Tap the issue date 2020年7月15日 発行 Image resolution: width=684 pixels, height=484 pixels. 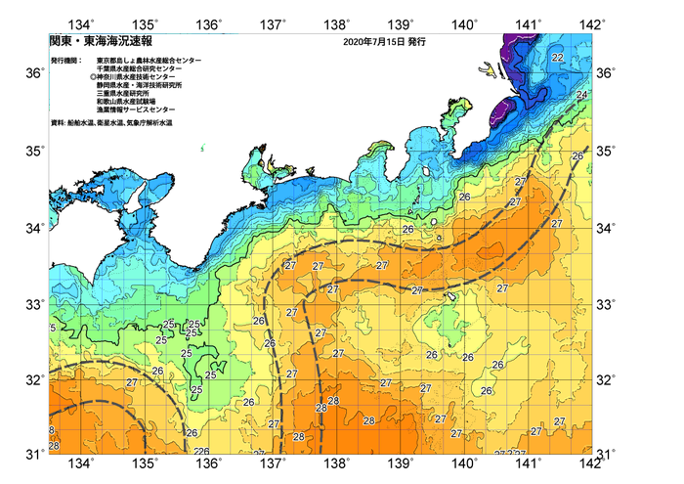click(x=385, y=43)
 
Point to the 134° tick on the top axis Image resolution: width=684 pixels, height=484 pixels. click(x=81, y=23)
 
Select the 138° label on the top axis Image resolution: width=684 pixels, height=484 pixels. click(x=337, y=23)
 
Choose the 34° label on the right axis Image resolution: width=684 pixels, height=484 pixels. click(x=606, y=228)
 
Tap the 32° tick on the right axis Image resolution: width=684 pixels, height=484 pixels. click(x=606, y=379)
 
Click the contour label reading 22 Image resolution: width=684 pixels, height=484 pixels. click(x=557, y=59)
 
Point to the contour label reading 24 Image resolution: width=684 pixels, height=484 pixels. click(x=582, y=95)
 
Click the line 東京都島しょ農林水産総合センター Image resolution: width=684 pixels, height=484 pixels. click(x=149, y=60)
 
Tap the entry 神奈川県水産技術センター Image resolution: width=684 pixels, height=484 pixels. click(x=137, y=77)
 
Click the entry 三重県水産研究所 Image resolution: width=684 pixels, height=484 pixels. click(x=124, y=94)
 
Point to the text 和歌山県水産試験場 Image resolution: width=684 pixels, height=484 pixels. click(x=128, y=103)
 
